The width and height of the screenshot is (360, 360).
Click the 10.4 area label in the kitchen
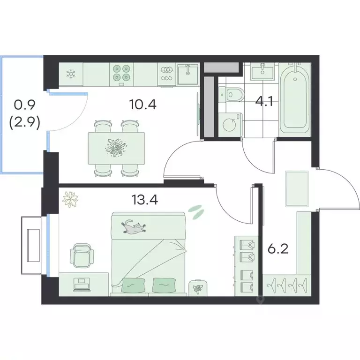[x=143, y=105]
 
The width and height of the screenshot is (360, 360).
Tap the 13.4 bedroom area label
[x=145, y=200]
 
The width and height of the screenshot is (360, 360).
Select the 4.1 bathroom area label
[x=264, y=101]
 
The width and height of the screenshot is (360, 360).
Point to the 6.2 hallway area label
[x=278, y=249]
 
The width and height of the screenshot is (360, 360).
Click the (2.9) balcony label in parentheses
[x=25, y=123]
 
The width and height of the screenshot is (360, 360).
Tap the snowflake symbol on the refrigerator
[x=71, y=74]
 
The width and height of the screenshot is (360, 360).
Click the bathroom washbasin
[x=262, y=71]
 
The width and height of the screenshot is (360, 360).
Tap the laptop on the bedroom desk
[x=82, y=285]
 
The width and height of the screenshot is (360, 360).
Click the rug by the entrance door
[x=297, y=189]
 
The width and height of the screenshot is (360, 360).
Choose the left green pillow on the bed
[x=134, y=285]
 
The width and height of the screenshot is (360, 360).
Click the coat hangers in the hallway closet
[x=287, y=285]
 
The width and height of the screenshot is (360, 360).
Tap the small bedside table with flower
[x=198, y=288]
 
